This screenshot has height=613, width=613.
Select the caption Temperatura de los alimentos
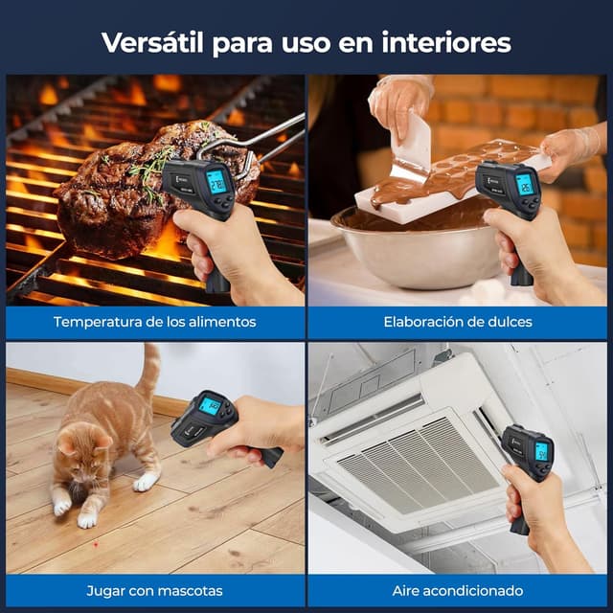click(154, 322)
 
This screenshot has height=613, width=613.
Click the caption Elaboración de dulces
click(457, 322)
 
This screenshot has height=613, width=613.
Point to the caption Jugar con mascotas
click(154, 590)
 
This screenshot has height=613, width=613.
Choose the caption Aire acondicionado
click(457, 590)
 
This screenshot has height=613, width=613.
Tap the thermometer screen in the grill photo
click(216, 181)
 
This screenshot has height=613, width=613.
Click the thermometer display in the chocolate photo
click(524, 184)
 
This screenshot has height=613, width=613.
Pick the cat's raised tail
click(148, 374)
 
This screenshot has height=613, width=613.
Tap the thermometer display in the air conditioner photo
click(541, 451)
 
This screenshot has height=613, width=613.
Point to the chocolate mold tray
click(450, 177)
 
